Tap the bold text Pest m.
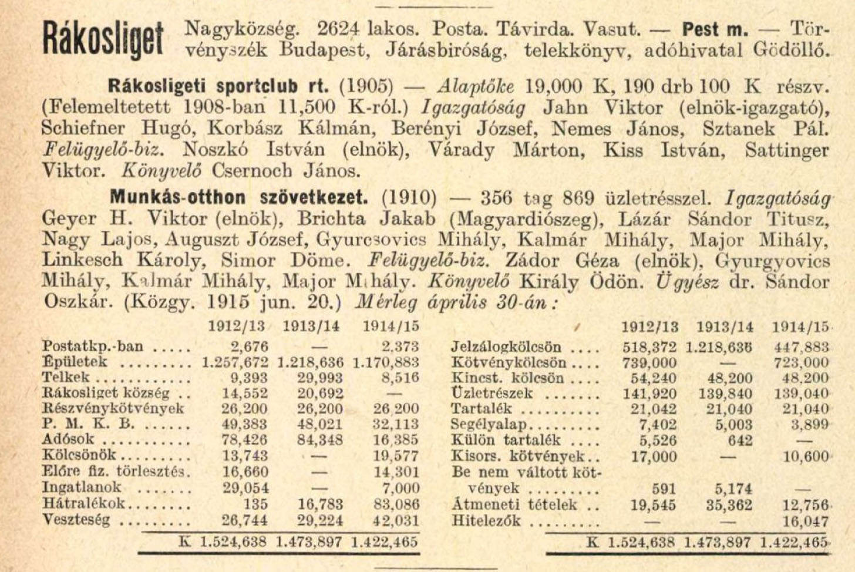715,28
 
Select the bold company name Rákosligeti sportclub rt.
220,86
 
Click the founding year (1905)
366,86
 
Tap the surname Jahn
565,108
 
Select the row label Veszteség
76,520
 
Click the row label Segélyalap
489,425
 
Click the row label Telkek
66,378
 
